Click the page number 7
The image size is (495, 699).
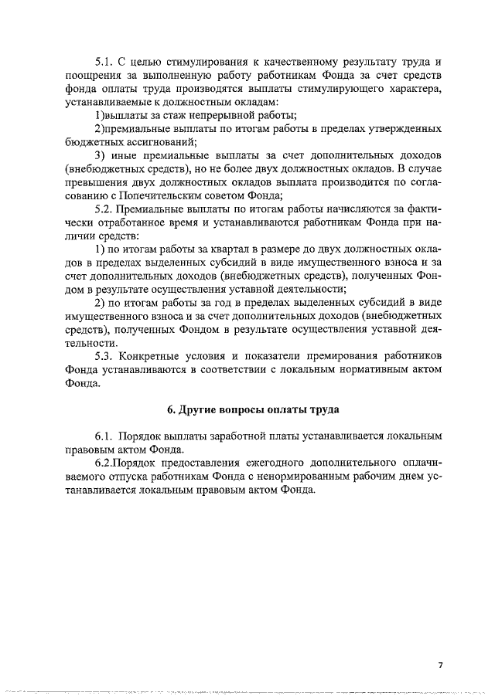click(439, 666)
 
